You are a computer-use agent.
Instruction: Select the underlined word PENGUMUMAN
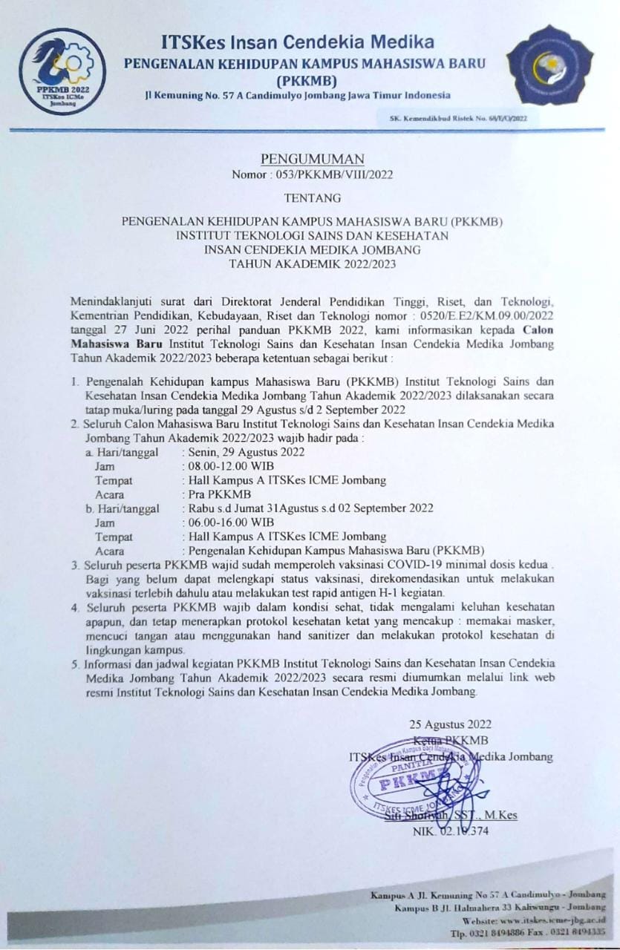point(313,160)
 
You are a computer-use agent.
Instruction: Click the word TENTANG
point(313,199)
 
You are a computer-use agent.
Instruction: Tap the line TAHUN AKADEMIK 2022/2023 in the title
point(313,263)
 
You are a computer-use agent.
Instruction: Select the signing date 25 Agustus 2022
point(450,724)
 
